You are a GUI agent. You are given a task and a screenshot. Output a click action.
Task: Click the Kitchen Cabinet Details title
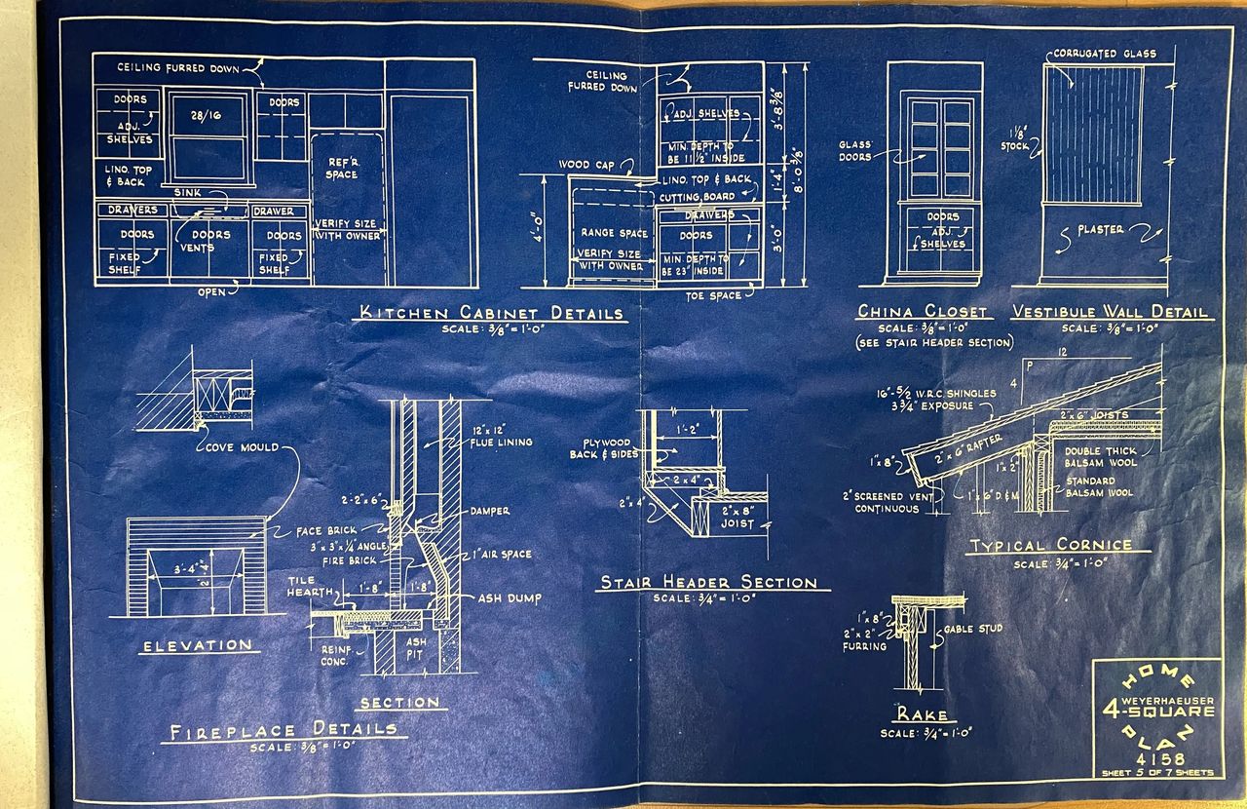(492, 313)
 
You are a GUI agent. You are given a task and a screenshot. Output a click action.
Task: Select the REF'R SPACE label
(342, 168)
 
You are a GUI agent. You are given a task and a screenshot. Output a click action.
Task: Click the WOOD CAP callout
(587, 165)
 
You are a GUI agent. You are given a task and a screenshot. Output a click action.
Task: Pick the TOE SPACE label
(713, 295)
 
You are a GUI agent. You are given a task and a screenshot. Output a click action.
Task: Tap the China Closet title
(922, 312)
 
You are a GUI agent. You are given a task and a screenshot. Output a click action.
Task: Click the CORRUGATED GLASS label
(1104, 54)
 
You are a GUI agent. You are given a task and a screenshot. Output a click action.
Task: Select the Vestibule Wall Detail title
(1111, 312)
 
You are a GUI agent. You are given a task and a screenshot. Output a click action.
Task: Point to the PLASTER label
(1100, 230)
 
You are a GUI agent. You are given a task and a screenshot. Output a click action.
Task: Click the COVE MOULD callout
(241, 447)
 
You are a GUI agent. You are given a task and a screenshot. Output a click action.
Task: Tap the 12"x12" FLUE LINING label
(501, 436)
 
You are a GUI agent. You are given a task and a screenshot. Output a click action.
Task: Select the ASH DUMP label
(510, 598)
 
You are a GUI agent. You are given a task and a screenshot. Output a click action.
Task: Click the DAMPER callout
(489, 511)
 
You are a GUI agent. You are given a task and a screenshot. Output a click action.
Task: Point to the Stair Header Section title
(708, 583)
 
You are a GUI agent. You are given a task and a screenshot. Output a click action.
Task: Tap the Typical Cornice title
(1050, 546)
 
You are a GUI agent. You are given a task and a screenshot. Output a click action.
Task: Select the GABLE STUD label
(973, 629)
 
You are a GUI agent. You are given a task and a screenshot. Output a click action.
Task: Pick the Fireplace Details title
(284, 730)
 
